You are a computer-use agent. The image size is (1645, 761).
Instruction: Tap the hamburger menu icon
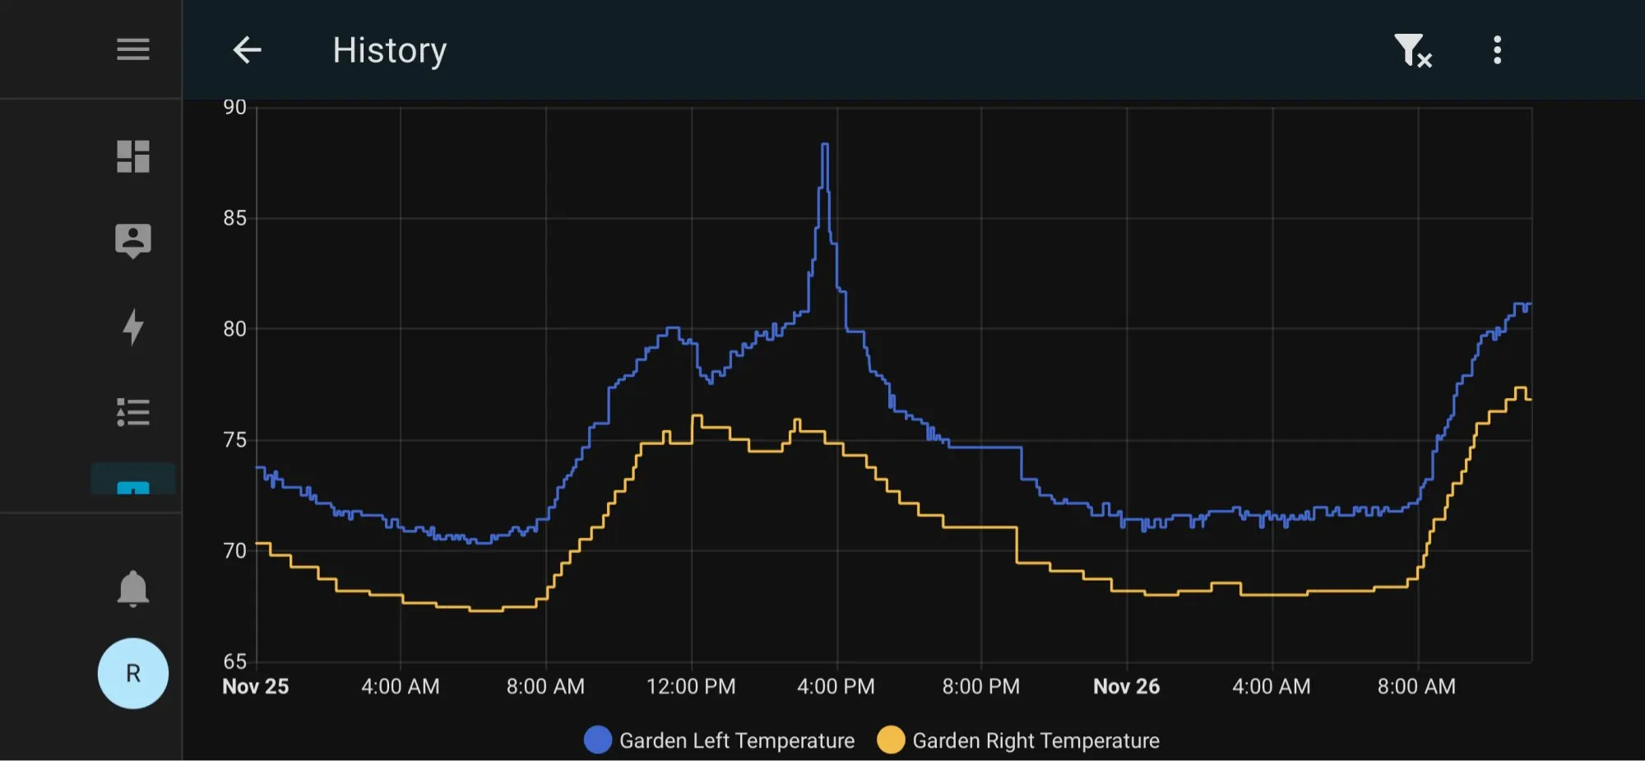pos(132,49)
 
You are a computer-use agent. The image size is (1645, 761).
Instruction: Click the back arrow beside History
pos(247,50)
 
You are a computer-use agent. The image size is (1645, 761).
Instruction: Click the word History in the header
pos(389,50)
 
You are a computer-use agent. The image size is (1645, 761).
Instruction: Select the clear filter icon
pos(1412,50)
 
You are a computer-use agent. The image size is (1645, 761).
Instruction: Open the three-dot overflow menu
pos(1497,50)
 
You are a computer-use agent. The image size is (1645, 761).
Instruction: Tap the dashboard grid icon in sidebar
pos(132,156)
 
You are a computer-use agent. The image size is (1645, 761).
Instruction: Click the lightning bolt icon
pos(132,326)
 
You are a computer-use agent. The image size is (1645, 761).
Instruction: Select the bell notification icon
pos(132,588)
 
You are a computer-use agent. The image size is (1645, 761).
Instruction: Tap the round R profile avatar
pos(132,673)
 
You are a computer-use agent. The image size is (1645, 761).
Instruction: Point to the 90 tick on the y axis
pos(234,107)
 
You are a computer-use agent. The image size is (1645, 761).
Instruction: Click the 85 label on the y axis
pos(234,218)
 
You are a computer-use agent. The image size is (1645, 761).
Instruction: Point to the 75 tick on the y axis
pos(234,440)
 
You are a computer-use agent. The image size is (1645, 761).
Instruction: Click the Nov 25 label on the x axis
pos(256,686)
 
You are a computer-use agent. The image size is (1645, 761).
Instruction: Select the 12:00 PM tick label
pos(691,686)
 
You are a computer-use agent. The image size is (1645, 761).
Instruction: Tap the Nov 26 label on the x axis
pos(1126,686)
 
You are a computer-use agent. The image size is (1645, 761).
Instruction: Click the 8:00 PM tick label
pos(980,686)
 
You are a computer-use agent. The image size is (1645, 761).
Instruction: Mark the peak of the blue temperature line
pos(825,145)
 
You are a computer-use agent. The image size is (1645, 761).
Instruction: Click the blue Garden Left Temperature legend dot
pos(598,740)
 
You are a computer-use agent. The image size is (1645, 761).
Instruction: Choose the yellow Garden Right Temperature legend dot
pos(891,740)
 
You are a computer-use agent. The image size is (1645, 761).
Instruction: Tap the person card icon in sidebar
pos(132,240)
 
